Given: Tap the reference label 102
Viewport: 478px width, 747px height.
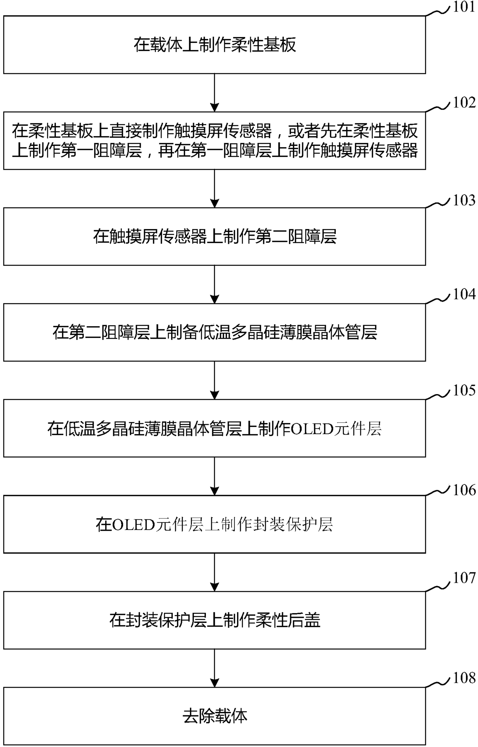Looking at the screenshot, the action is click(464, 103).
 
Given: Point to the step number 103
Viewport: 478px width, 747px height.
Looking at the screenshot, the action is click(464, 201).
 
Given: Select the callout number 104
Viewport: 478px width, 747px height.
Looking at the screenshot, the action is click(464, 294).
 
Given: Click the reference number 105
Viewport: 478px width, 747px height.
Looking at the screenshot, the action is click(464, 390).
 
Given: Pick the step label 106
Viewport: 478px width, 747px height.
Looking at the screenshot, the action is click(464, 490).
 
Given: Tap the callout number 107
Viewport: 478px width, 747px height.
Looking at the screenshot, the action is click(464, 578).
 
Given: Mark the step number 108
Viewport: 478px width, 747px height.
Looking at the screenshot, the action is click(464, 678).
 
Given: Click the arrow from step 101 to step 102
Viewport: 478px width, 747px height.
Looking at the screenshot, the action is click(214, 93).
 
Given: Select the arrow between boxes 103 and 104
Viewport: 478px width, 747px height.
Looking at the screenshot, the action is click(214, 284).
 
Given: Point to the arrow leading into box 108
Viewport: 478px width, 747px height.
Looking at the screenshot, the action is click(214, 668).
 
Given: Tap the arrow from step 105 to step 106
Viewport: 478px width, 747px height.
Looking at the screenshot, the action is click(214, 476).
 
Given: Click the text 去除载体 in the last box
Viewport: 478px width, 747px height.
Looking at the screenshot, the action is click(215, 716).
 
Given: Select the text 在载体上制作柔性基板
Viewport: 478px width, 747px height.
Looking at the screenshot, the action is click(215, 45).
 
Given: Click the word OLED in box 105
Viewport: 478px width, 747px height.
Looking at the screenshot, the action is click(311, 429).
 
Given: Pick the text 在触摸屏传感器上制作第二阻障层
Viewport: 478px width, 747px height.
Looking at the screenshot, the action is click(215, 236).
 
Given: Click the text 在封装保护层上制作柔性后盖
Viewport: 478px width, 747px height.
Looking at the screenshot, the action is click(215, 620).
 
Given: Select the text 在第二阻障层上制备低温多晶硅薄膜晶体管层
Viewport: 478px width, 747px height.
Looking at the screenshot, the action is click(215, 332).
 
